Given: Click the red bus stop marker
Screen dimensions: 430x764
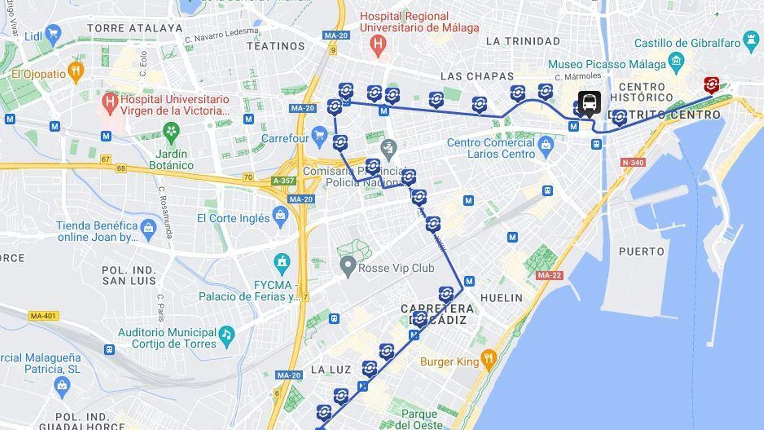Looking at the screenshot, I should pyautogui.click(x=711, y=85).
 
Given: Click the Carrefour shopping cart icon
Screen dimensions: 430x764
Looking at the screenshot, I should pyautogui.click(x=319, y=137).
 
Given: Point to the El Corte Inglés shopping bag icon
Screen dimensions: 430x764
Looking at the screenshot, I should pyautogui.click(x=280, y=216).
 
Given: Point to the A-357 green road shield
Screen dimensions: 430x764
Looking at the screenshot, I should pyautogui.click(x=284, y=181).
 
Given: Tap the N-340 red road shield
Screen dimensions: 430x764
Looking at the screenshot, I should pyautogui.click(x=633, y=162).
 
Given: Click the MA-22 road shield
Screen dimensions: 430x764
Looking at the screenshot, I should pyautogui.click(x=550, y=275).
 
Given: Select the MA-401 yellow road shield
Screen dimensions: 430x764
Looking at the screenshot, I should pyautogui.click(x=43, y=316).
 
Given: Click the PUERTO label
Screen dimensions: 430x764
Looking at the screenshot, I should pyautogui.click(x=641, y=251).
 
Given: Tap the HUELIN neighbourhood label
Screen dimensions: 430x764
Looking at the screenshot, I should pyautogui.click(x=501, y=298).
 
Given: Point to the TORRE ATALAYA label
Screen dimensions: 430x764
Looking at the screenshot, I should pyautogui.click(x=135, y=28).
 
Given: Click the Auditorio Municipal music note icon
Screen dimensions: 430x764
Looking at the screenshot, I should pyautogui.click(x=226, y=333).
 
